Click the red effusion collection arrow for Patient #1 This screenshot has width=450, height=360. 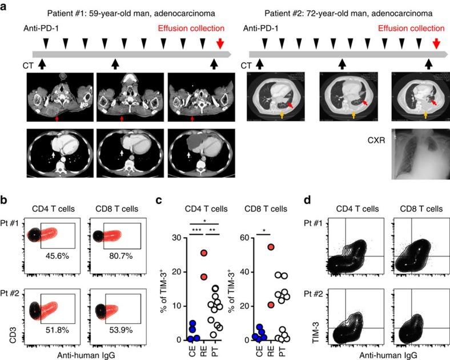(x=220, y=43)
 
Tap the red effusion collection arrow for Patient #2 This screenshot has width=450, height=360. (x=437, y=43)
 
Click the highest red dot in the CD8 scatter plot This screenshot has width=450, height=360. (x=271, y=247)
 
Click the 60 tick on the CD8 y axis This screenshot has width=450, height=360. (x=246, y=237)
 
